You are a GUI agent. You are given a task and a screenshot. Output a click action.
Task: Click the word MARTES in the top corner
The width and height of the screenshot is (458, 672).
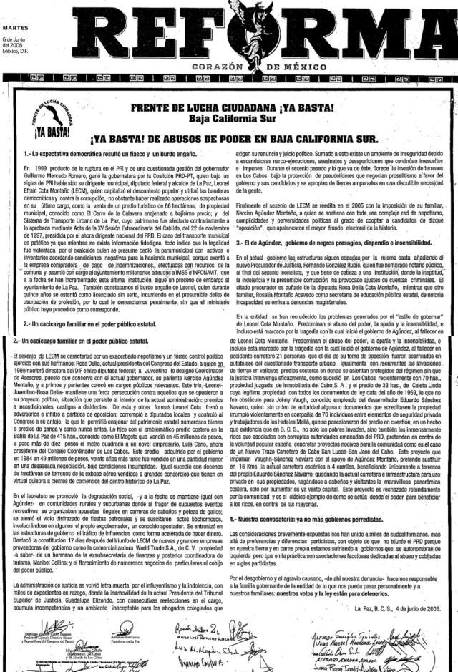pyautogui.click(x=15, y=9)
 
